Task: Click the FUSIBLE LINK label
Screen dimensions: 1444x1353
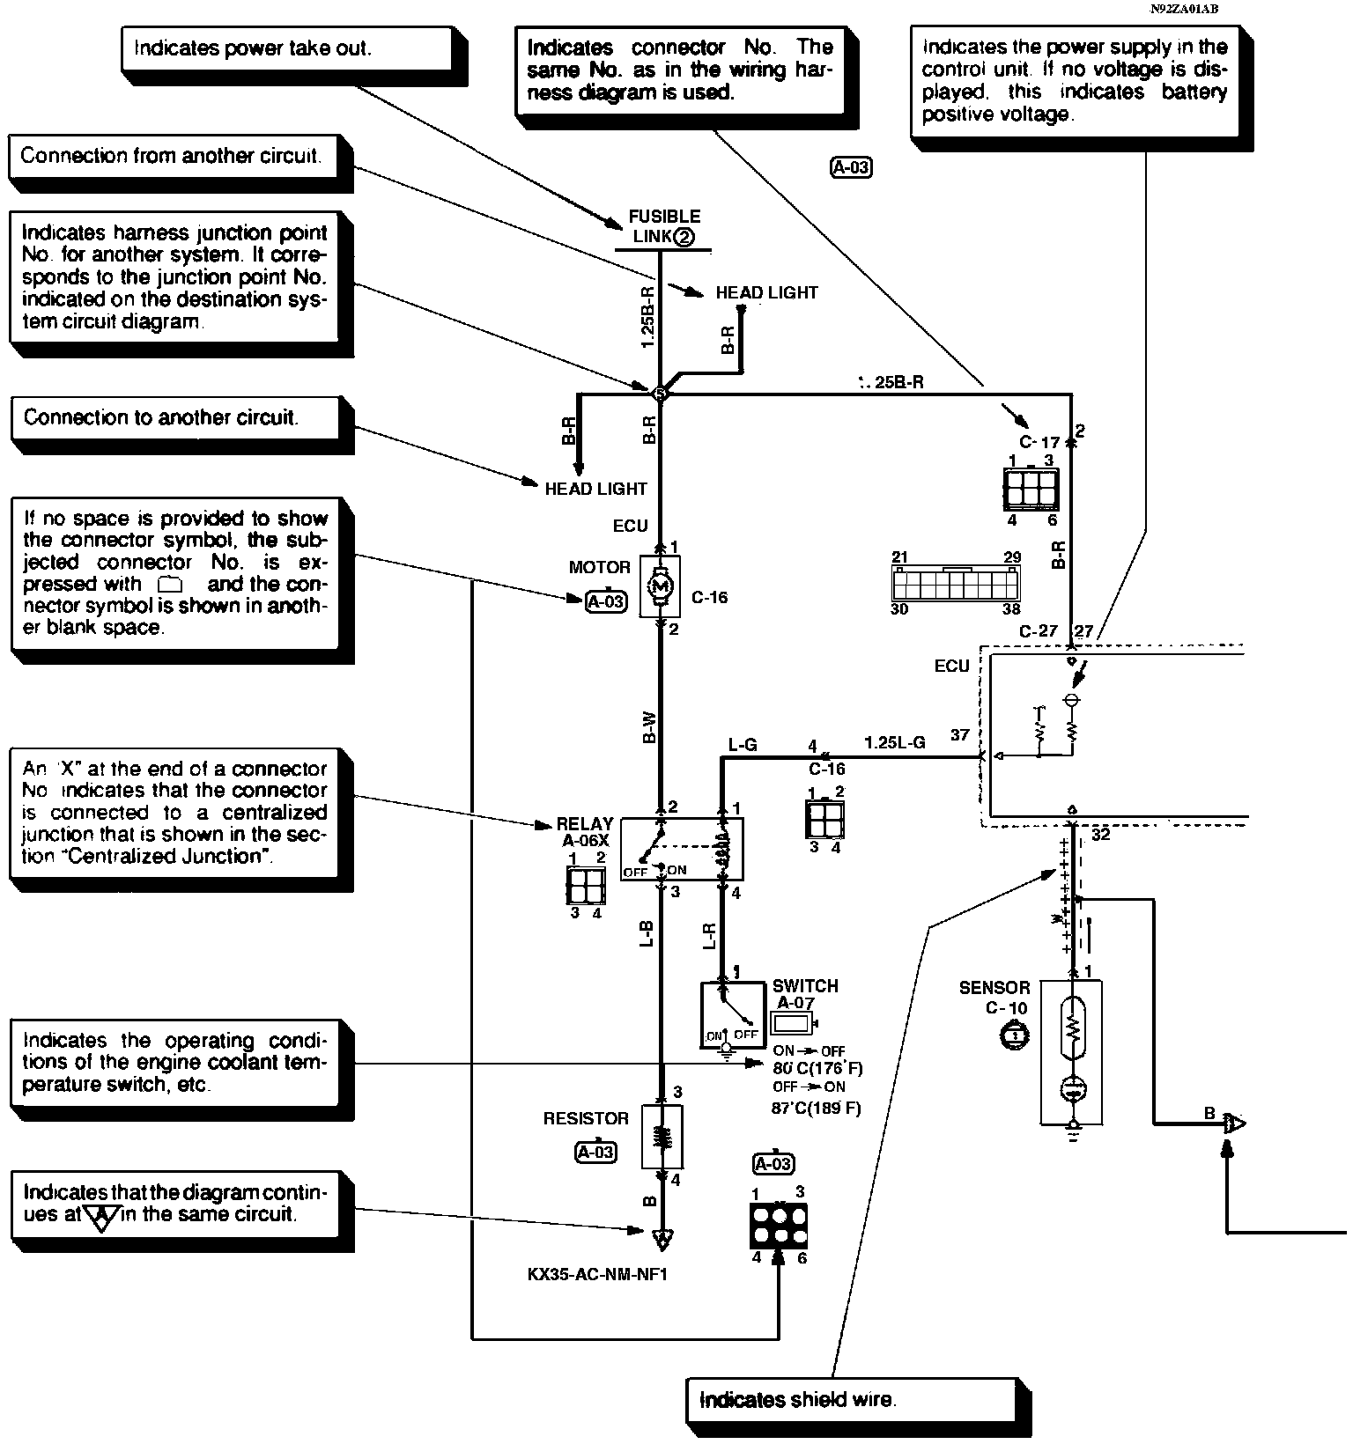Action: coord(663,226)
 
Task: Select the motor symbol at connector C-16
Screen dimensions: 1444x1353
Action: coord(660,586)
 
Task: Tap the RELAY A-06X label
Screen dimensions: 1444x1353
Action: coord(584,831)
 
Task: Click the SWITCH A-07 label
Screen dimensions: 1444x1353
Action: coord(804,994)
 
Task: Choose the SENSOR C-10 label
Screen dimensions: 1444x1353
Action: coord(994,998)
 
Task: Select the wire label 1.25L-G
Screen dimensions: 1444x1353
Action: coord(894,742)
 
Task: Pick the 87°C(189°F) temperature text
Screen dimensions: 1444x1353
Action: coord(817,1108)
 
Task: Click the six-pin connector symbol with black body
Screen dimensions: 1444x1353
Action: coord(778,1225)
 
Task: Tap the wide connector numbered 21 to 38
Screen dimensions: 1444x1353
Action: coord(956,583)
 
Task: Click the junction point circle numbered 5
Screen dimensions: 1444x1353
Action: coord(660,394)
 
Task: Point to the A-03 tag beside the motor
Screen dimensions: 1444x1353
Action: coord(606,601)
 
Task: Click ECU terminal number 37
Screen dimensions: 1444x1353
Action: coord(960,735)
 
